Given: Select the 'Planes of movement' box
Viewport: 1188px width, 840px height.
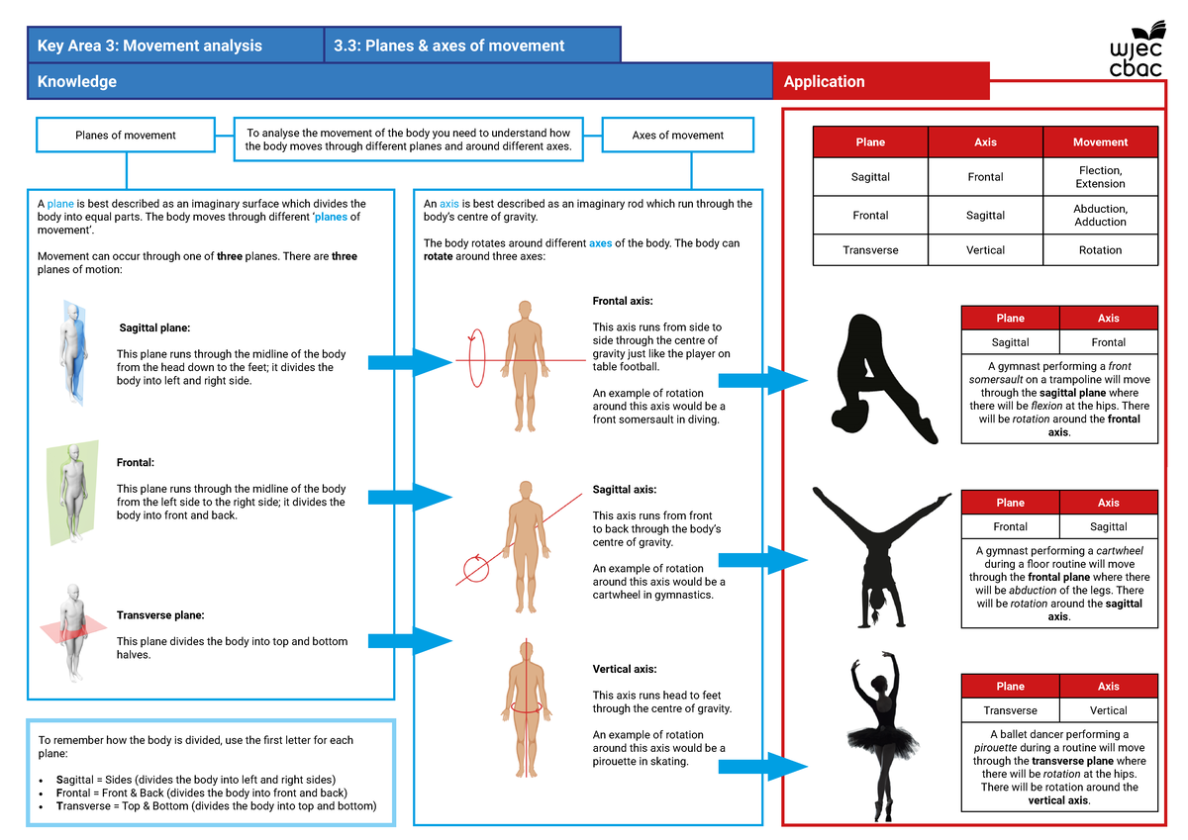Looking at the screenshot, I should pos(125,136).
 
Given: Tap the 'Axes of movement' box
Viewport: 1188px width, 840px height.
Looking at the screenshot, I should pos(677,136).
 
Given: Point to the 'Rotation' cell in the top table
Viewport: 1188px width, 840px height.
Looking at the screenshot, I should pos(1100,250).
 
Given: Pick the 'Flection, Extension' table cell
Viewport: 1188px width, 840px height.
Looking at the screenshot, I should pos(1100,177).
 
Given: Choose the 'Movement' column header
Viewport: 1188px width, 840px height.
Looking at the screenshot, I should pos(1100,142).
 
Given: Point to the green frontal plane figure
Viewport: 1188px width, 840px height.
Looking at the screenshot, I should pos(72,493).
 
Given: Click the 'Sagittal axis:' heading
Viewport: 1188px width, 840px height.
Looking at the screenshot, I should pos(624,490).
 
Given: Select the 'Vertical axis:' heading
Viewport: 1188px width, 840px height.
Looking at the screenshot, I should pos(624,670).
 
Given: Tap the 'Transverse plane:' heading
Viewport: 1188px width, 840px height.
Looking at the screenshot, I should pos(159,615).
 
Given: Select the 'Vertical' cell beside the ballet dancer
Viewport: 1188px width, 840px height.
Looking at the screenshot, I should pos(1108,710).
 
